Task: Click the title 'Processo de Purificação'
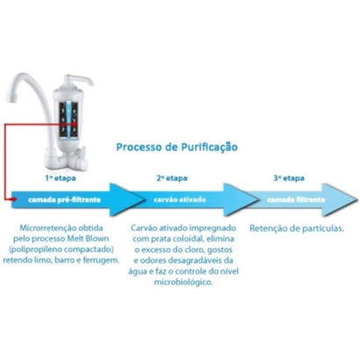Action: [176, 146]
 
